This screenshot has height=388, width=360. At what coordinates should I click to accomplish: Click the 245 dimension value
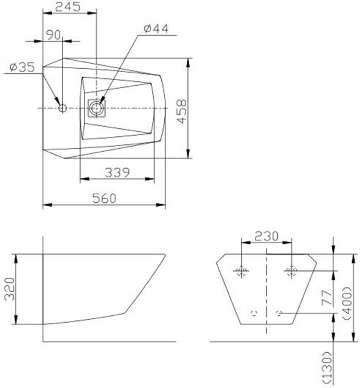tap(68, 7)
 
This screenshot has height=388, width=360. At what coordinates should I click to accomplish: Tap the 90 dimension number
tap(53, 35)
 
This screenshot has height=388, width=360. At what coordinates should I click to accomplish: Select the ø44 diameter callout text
tap(156, 29)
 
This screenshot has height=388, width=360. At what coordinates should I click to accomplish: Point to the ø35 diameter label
tap(22, 67)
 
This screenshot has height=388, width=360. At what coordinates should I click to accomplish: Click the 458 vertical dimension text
tap(182, 111)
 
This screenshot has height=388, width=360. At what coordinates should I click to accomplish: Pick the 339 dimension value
tap(117, 173)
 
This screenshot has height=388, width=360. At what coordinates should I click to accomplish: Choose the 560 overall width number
tap(104, 198)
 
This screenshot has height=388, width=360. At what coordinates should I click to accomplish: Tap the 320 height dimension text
tap(10, 289)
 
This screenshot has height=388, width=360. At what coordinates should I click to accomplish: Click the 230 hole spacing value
tap(266, 236)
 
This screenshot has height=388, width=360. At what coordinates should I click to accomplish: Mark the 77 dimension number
tap(326, 298)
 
